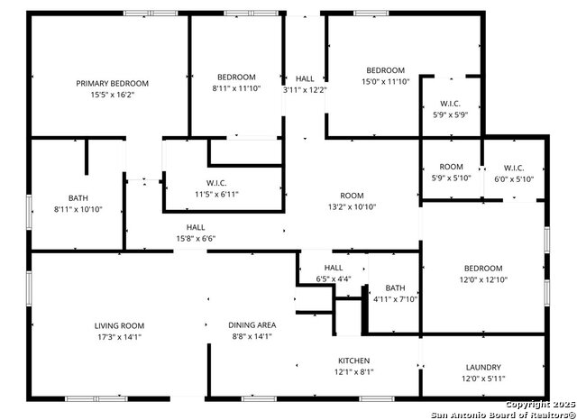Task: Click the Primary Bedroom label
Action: [112, 83]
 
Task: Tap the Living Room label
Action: [119, 325]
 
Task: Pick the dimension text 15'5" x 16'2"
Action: [112, 95]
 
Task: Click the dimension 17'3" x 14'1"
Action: [119, 337]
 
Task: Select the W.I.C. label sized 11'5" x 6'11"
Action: [215, 182]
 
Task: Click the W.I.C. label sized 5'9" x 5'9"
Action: [452, 104]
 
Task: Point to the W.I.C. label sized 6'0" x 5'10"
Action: [514, 168]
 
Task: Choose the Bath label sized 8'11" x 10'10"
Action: [78, 197]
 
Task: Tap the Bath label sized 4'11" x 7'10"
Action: [396, 288]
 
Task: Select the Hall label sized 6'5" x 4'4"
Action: [334, 268]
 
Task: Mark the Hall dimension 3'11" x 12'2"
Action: [305, 90]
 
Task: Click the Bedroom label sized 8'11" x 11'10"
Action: [236, 77]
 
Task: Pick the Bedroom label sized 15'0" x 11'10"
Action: [385, 70]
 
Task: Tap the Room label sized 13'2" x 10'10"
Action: [352, 196]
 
